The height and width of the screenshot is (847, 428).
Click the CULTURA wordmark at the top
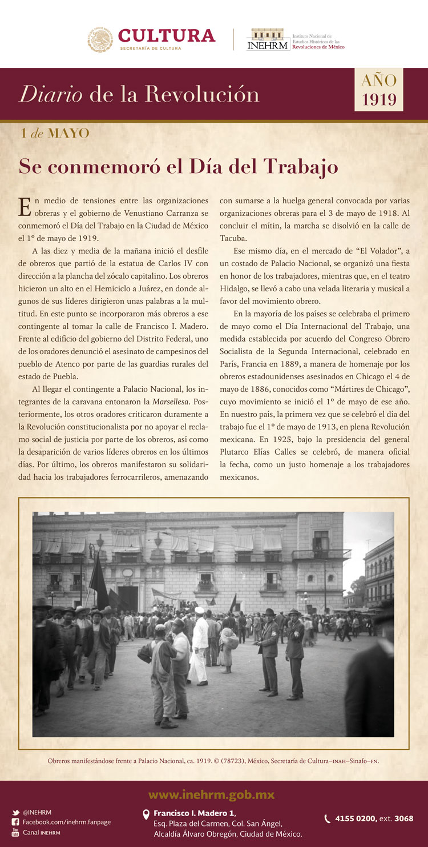click(x=167, y=36)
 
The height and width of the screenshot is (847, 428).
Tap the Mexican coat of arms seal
click(x=100, y=39)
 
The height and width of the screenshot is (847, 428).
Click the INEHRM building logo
click(x=268, y=39)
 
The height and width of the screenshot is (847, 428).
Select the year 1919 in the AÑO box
click(x=379, y=99)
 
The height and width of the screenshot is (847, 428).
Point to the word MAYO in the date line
click(x=68, y=134)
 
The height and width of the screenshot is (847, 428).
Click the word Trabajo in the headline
click(x=300, y=166)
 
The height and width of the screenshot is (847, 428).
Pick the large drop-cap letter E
click(x=25, y=207)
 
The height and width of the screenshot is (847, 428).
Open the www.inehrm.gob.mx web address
click(x=211, y=794)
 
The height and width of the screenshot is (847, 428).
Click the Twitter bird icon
click(x=15, y=812)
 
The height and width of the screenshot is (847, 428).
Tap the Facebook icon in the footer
click(x=15, y=822)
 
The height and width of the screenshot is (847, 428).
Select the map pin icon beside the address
click(x=146, y=814)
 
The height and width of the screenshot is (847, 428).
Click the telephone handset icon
click(x=328, y=818)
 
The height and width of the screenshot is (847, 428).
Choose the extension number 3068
click(x=403, y=818)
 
